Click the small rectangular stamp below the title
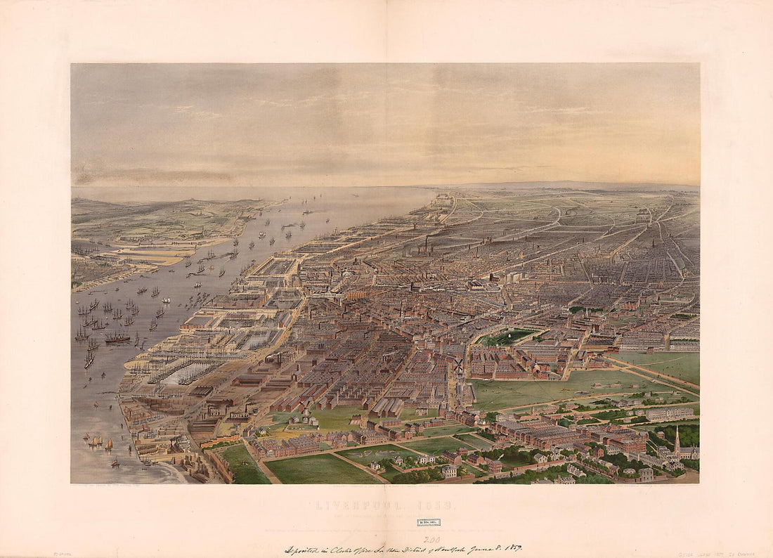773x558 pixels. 428,522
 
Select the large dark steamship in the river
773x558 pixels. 117,338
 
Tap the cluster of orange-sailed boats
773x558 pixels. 96,441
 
